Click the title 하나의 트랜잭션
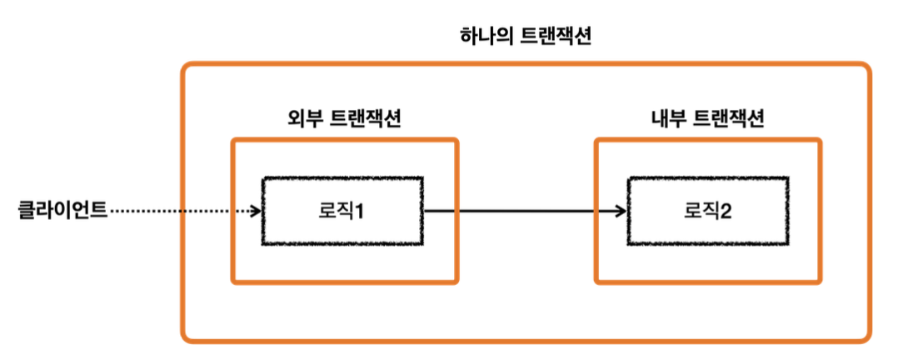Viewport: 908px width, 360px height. (x=526, y=37)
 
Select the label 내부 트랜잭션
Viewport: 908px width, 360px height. (x=707, y=118)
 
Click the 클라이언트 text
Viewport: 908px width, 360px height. (x=62, y=211)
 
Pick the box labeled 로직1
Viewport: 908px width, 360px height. (x=342, y=211)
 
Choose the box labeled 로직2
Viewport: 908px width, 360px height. (x=706, y=211)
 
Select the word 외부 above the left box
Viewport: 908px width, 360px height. (x=301, y=118)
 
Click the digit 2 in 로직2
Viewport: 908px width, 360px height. (x=726, y=212)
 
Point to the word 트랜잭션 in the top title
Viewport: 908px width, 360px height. (x=554, y=37)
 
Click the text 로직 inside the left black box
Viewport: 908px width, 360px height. (x=335, y=212)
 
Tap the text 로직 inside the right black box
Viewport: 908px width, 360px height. (x=698, y=212)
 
